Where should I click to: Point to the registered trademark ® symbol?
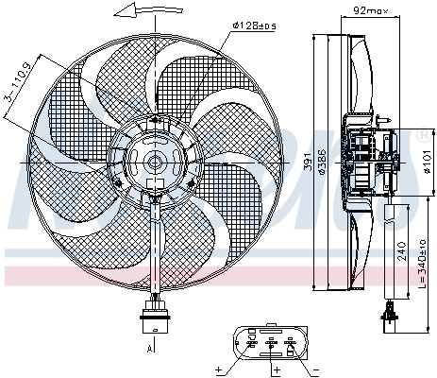point(422,139)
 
